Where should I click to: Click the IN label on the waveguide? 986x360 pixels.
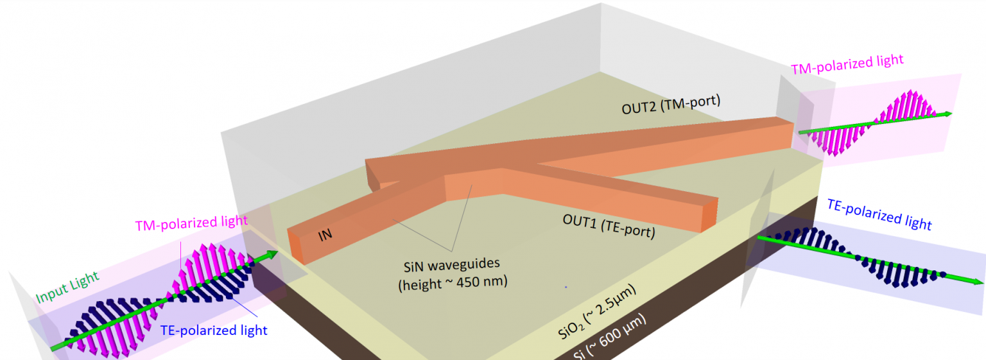point(325,235)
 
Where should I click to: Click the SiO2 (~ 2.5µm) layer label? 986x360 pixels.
point(595,317)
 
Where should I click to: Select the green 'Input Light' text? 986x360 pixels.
point(67,287)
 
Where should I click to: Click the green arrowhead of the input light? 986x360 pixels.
point(272,253)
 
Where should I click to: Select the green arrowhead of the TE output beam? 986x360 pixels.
point(976,282)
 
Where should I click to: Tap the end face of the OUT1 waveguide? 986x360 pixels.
point(709,216)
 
